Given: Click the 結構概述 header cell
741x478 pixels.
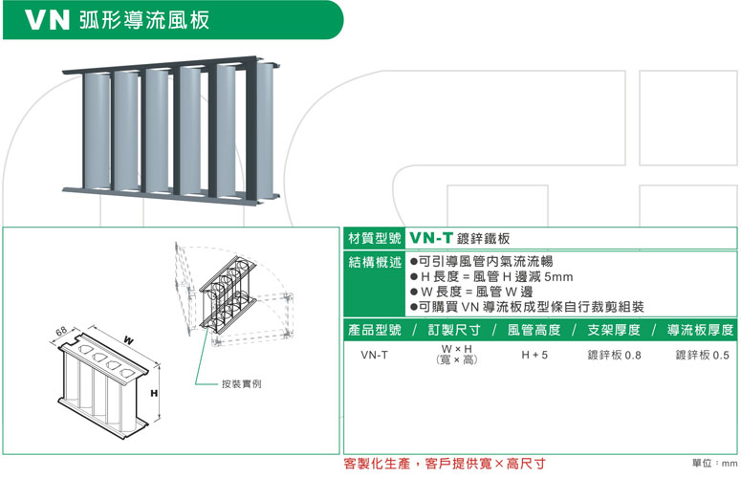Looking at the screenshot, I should [x=373, y=261].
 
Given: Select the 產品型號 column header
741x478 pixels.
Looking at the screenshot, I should [x=374, y=330].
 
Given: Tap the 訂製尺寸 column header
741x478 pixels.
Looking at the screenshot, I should [x=454, y=330].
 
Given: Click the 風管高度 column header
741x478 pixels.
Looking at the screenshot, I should [x=534, y=330].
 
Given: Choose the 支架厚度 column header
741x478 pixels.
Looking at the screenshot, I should [x=613, y=330].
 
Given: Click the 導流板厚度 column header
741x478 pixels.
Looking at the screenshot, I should [x=701, y=330].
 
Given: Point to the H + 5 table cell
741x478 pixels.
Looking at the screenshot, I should [x=534, y=356].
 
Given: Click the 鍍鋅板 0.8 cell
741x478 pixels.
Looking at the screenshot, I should [x=614, y=356].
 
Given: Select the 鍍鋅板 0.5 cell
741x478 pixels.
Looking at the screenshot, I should [x=701, y=356].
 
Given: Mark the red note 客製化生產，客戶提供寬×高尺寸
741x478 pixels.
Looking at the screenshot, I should [x=444, y=464].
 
